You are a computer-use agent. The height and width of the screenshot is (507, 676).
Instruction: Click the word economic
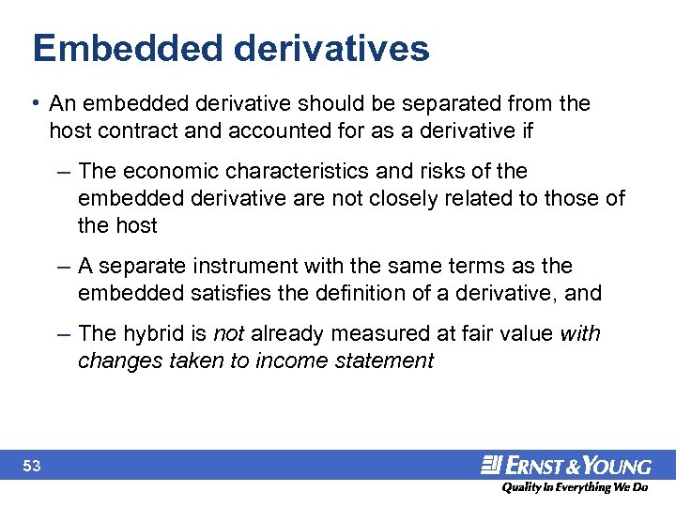pyautogui.click(x=165, y=171)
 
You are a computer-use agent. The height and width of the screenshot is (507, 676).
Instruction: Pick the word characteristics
pyautogui.click(x=301, y=171)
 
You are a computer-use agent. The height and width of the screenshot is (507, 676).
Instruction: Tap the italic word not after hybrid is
pyautogui.click(x=228, y=334)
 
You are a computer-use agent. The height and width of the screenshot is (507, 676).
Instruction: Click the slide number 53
pyautogui.click(x=32, y=466)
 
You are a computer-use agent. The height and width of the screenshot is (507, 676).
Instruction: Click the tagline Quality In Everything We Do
pyautogui.click(x=575, y=488)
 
